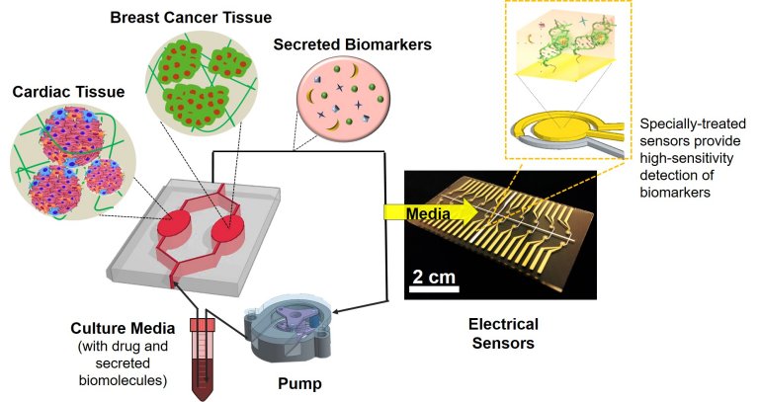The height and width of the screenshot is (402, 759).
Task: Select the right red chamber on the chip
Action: coord(229,235)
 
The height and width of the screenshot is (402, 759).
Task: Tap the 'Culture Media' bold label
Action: coord(119,328)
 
